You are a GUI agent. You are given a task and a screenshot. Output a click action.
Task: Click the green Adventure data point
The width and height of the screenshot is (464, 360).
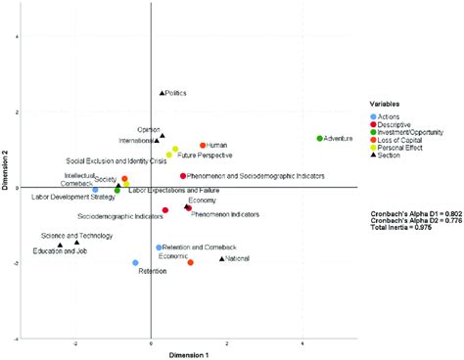point(320,139)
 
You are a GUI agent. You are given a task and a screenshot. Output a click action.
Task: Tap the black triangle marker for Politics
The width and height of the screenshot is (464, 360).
point(162,93)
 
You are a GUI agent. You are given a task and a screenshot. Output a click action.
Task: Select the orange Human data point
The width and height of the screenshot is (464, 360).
point(204,146)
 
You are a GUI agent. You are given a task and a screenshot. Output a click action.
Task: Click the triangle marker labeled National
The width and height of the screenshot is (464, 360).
point(222,258)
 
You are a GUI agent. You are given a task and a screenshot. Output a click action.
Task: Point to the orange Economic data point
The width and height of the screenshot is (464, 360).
point(191,262)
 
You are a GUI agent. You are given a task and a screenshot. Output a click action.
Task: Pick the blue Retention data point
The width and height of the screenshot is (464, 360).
point(136,263)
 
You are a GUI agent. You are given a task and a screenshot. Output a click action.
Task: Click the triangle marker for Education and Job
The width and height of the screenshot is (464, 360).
point(61,244)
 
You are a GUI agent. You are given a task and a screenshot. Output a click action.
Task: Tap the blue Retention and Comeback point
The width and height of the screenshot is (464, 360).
point(159,247)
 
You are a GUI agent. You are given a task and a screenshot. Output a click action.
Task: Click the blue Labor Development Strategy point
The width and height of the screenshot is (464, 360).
point(95,190)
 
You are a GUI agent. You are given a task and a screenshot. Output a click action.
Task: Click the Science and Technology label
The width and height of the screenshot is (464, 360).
point(70,236)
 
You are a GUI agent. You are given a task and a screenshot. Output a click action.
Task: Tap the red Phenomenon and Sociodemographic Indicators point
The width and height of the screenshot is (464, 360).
point(183,176)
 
